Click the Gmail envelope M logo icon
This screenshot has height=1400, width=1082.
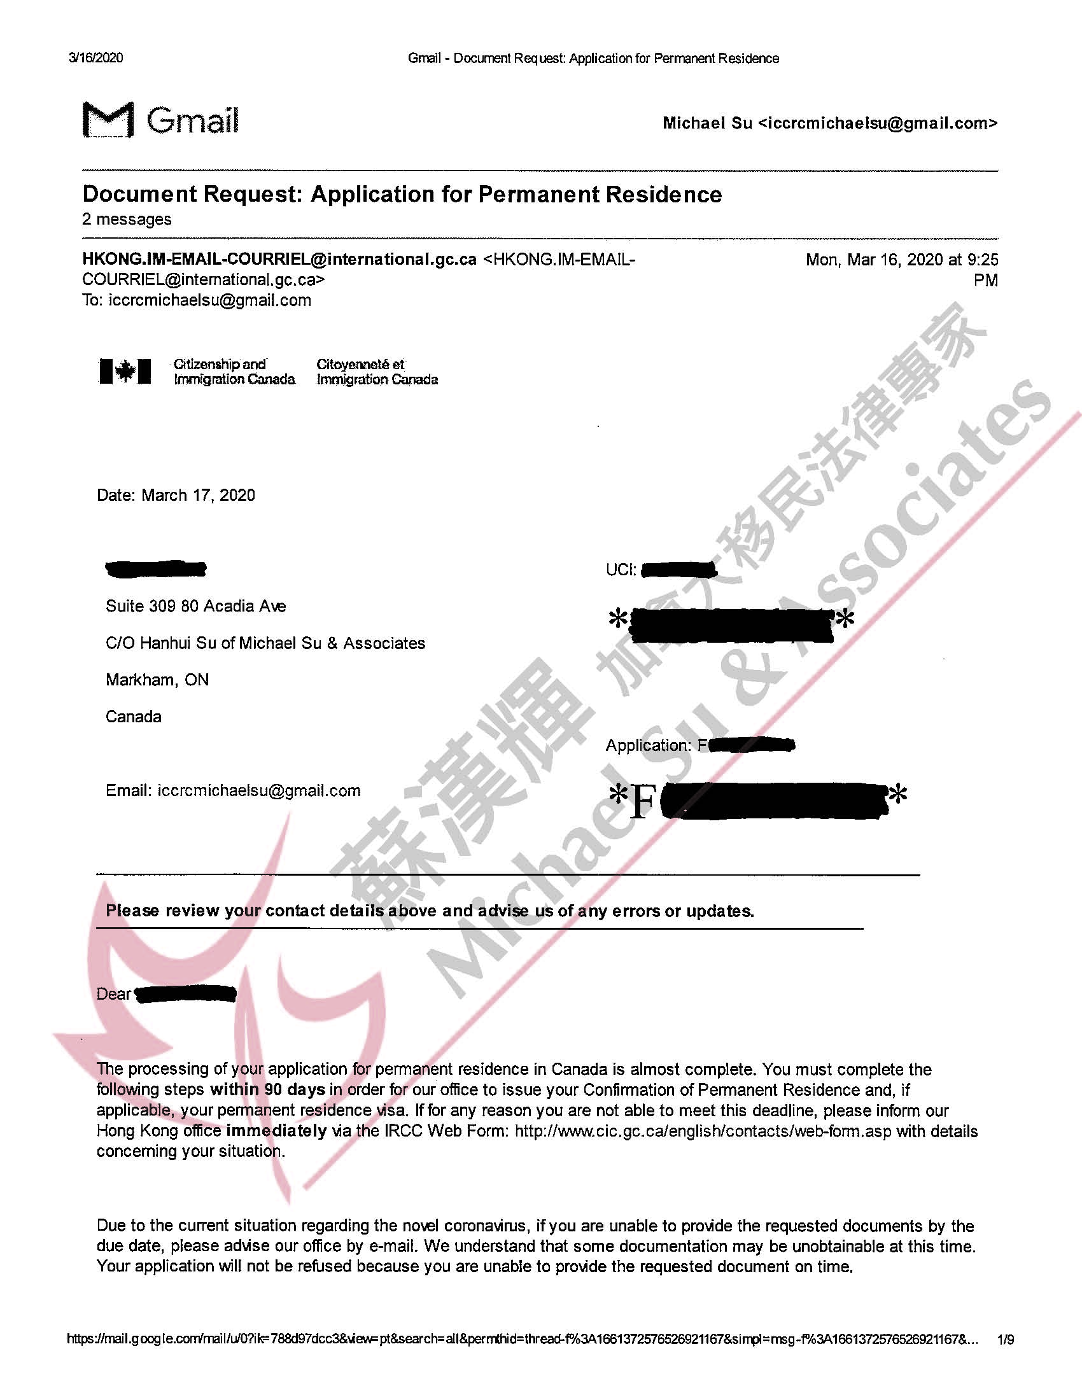108,119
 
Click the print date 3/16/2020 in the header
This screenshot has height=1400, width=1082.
95,59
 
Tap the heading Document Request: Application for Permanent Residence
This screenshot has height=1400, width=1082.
402,194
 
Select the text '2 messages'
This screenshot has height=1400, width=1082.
127,220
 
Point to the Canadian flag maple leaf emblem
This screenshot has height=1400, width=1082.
125,371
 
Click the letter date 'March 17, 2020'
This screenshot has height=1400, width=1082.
198,495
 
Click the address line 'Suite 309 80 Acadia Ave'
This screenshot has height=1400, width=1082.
195,606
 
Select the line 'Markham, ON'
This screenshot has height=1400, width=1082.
157,680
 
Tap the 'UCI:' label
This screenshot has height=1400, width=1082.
621,570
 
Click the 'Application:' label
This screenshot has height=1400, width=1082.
649,745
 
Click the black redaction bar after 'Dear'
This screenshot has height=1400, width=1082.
186,994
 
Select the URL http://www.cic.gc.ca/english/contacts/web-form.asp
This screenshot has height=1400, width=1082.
703,1131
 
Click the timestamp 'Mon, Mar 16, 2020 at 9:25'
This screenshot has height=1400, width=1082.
902,260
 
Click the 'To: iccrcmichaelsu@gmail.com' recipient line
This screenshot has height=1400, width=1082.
197,300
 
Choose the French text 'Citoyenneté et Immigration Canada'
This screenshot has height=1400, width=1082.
377,372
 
